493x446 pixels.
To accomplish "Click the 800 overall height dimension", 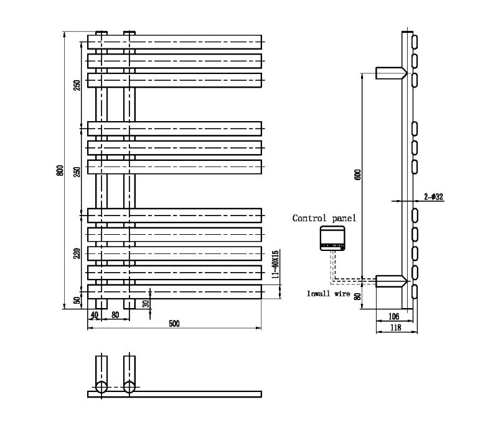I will (x=60, y=170).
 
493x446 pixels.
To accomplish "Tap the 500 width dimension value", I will (x=174, y=323).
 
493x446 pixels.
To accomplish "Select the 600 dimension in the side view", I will (x=357, y=176).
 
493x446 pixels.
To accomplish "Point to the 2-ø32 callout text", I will (x=433, y=196).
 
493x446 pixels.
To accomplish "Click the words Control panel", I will (x=324, y=218).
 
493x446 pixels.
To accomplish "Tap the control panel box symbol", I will (x=332, y=239).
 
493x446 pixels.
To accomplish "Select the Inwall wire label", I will (x=329, y=293).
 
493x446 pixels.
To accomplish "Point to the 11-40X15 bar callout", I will (x=275, y=265).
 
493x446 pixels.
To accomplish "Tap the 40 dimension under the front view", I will (x=95, y=315).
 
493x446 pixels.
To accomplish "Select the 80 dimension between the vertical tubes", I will (x=115, y=315).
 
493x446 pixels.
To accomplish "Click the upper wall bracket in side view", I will (x=390, y=73).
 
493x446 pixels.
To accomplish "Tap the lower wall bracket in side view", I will (x=390, y=282).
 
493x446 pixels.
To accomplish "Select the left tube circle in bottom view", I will (x=101, y=388).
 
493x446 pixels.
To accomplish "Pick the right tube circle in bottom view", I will (x=129, y=388).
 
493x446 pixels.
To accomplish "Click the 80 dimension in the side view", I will (x=357, y=296).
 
